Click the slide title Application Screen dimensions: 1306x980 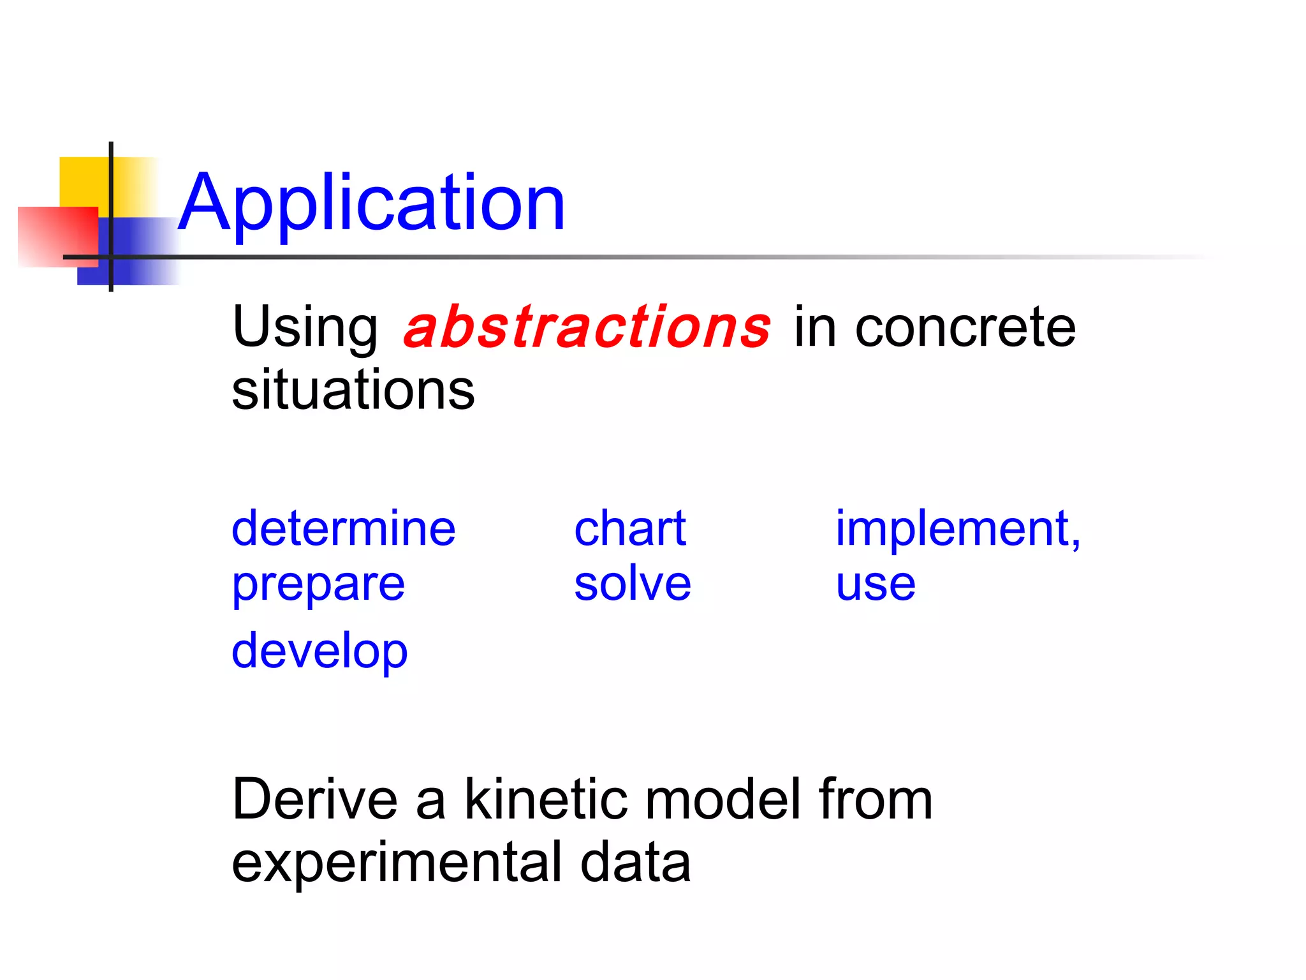point(371,203)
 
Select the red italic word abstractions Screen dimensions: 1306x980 point(587,327)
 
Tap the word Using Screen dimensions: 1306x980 point(305,329)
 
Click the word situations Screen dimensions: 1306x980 point(353,389)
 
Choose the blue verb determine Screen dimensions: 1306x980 point(343,528)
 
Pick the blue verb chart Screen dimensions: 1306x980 point(630,528)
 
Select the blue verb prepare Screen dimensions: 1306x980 point(318,586)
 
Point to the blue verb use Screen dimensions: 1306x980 point(876,586)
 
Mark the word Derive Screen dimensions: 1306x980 point(315,799)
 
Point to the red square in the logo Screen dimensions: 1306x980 point(58,237)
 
